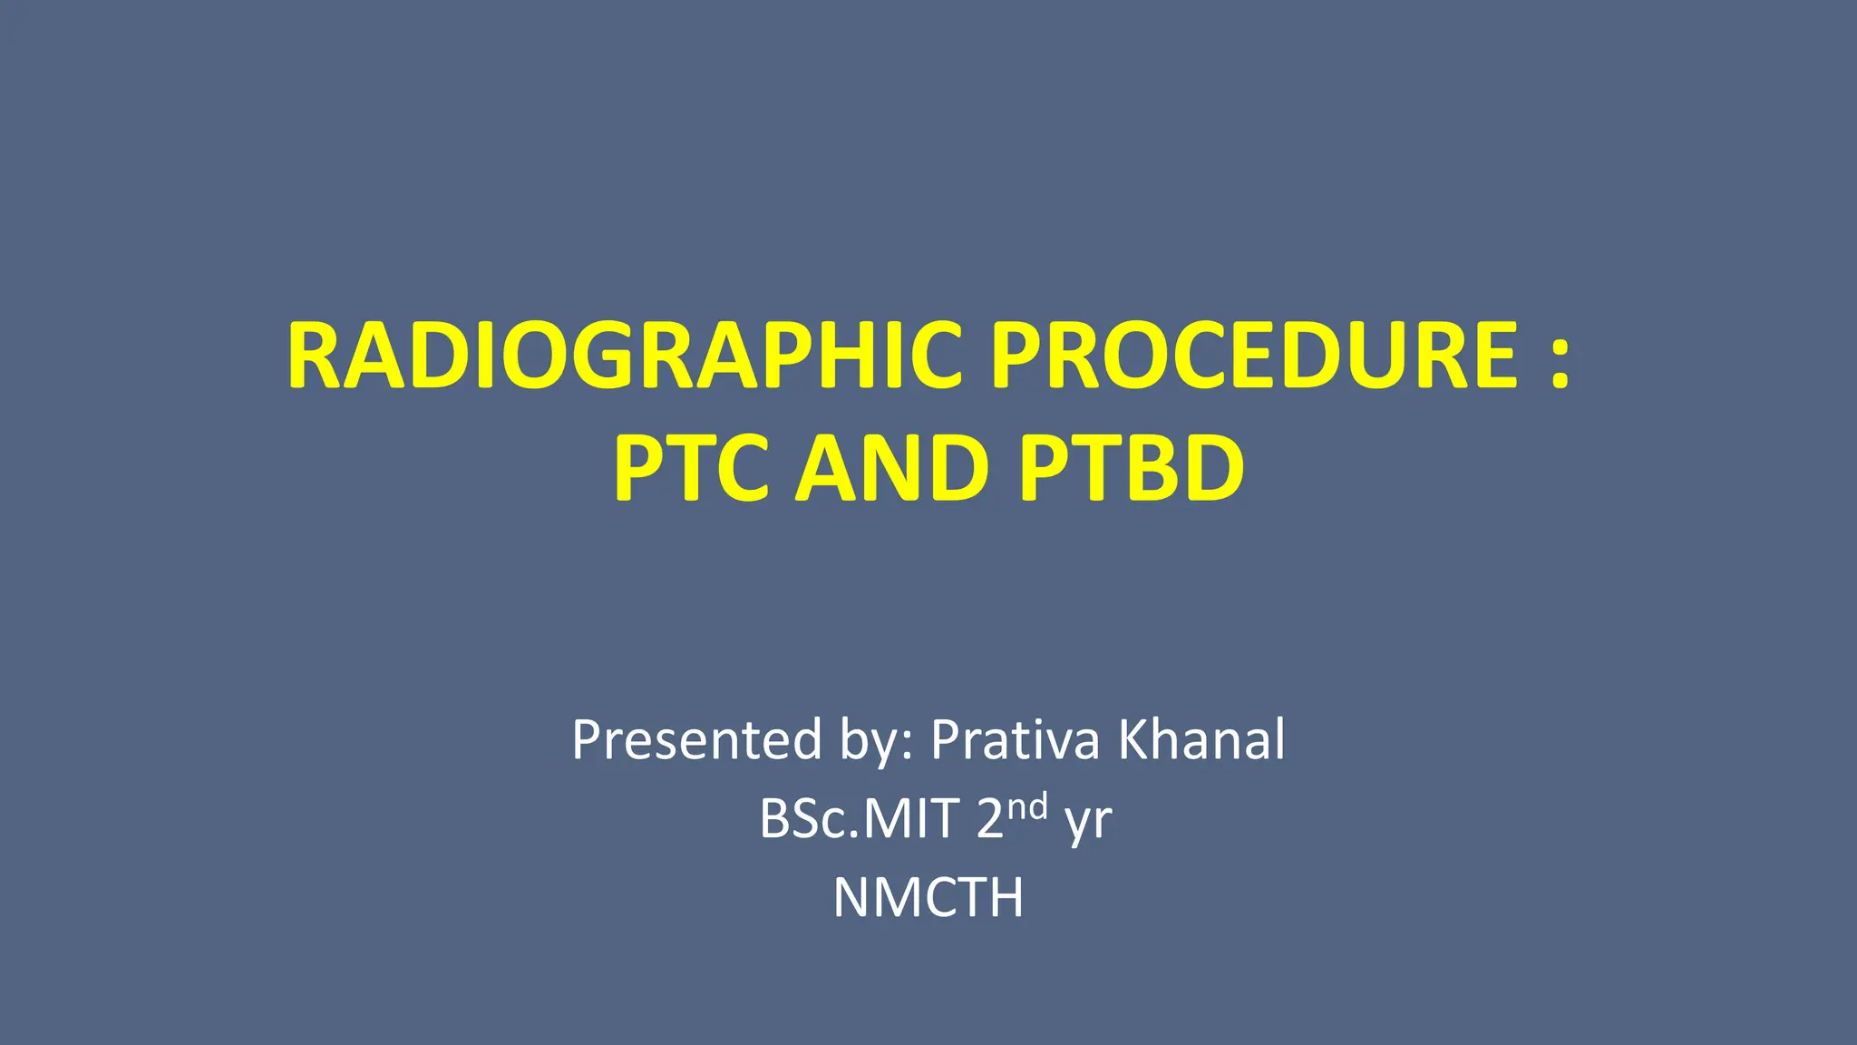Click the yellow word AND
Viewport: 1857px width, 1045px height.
tap(891, 468)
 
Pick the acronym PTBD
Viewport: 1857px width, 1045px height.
tap(1132, 468)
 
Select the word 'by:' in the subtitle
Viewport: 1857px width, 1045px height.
tap(877, 741)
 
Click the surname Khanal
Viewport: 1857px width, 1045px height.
tap(1201, 739)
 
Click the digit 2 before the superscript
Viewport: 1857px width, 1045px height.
tap(990, 819)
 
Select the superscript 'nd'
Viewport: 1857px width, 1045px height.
tap(1028, 806)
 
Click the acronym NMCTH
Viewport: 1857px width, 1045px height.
tap(928, 898)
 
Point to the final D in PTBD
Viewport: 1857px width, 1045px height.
tap(1211, 468)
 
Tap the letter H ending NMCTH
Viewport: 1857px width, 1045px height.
tap(1004, 898)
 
